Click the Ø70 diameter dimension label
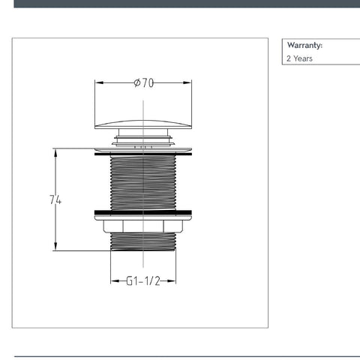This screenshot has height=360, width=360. tap(144, 82)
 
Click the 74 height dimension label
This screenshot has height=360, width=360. tap(55, 199)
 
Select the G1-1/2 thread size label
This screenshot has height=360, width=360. tap(143, 280)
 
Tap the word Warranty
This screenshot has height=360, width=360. tap(304, 45)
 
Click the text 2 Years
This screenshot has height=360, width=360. tap(299, 58)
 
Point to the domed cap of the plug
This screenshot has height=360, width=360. tap(143, 124)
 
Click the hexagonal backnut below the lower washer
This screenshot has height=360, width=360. tap(143, 226)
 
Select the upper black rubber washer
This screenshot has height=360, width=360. tap(143, 154)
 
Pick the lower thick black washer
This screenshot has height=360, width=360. tap(143, 213)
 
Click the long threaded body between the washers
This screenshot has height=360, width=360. tap(143, 183)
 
